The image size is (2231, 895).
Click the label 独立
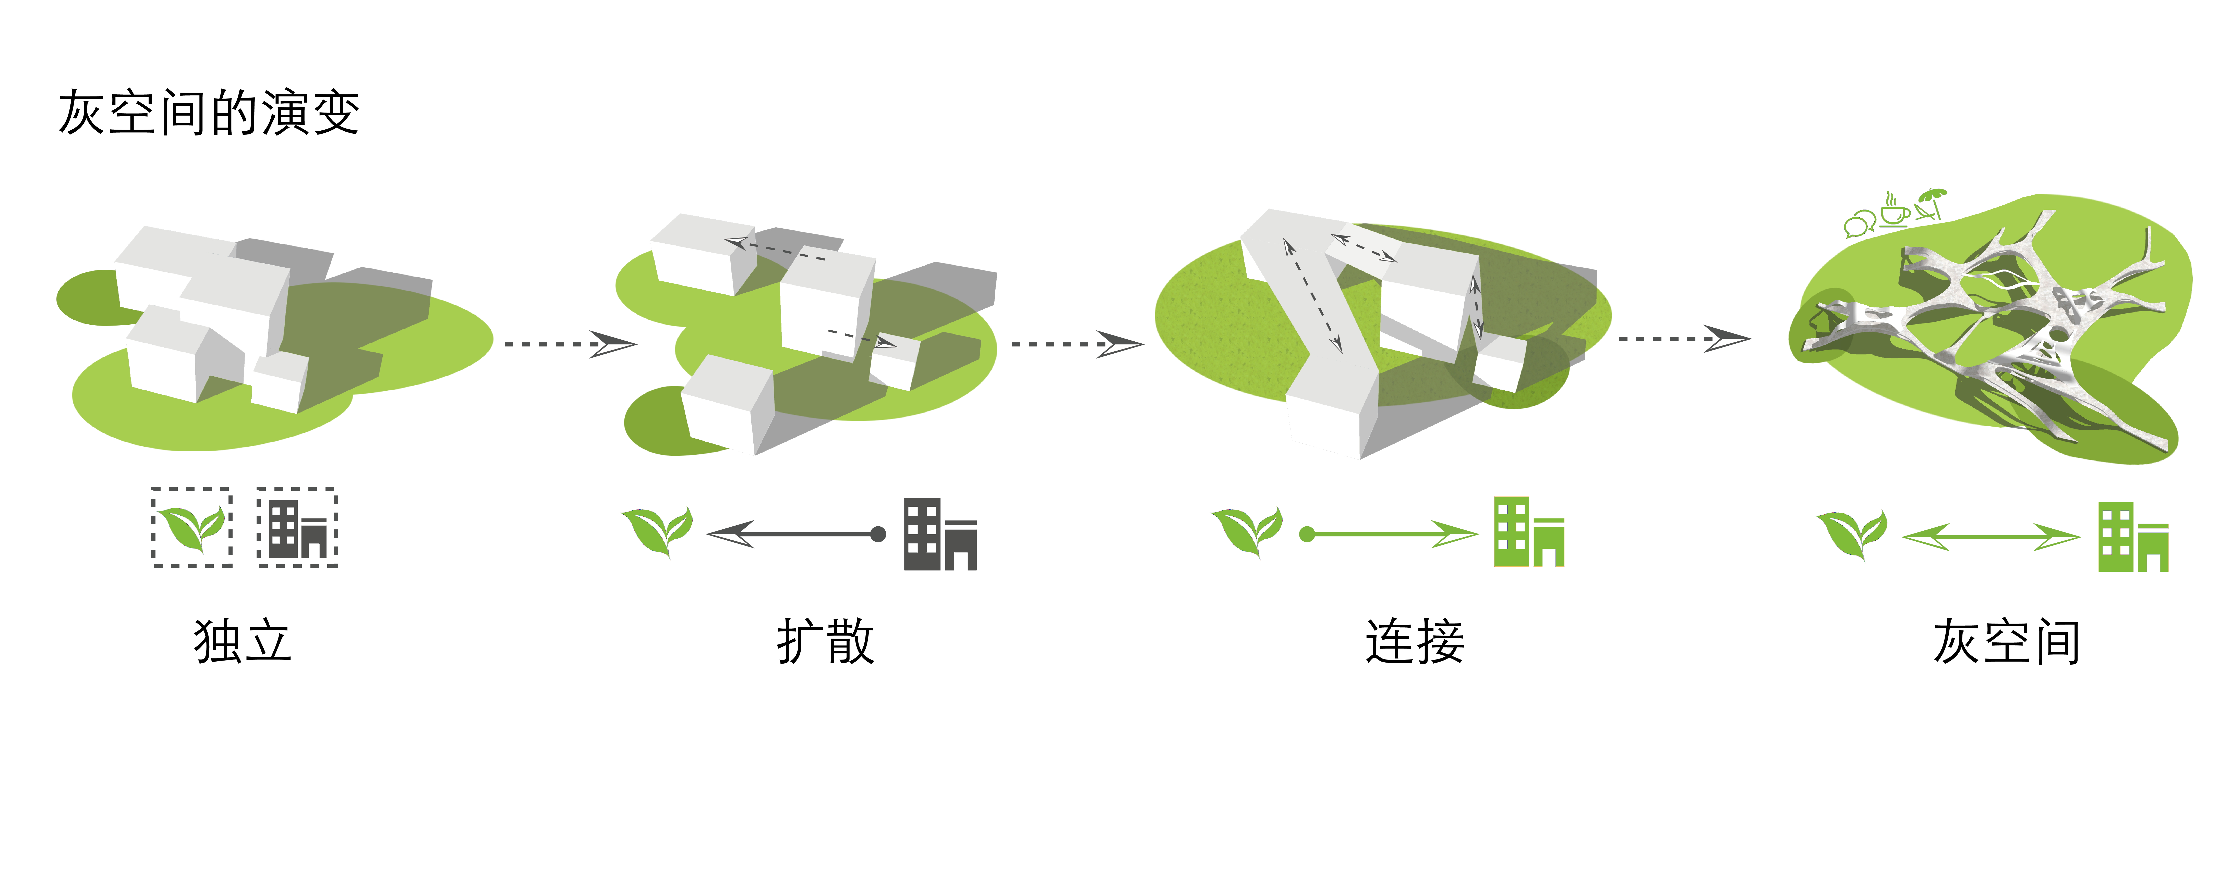[243, 641]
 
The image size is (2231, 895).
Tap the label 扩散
[825, 641]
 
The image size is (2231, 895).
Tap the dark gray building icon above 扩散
[940, 534]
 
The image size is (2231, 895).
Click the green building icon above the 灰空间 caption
[2133, 537]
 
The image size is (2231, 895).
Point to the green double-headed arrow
[1990, 537]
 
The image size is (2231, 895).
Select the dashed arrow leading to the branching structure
[1684, 339]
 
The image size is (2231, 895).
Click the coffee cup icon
[1894, 209]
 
